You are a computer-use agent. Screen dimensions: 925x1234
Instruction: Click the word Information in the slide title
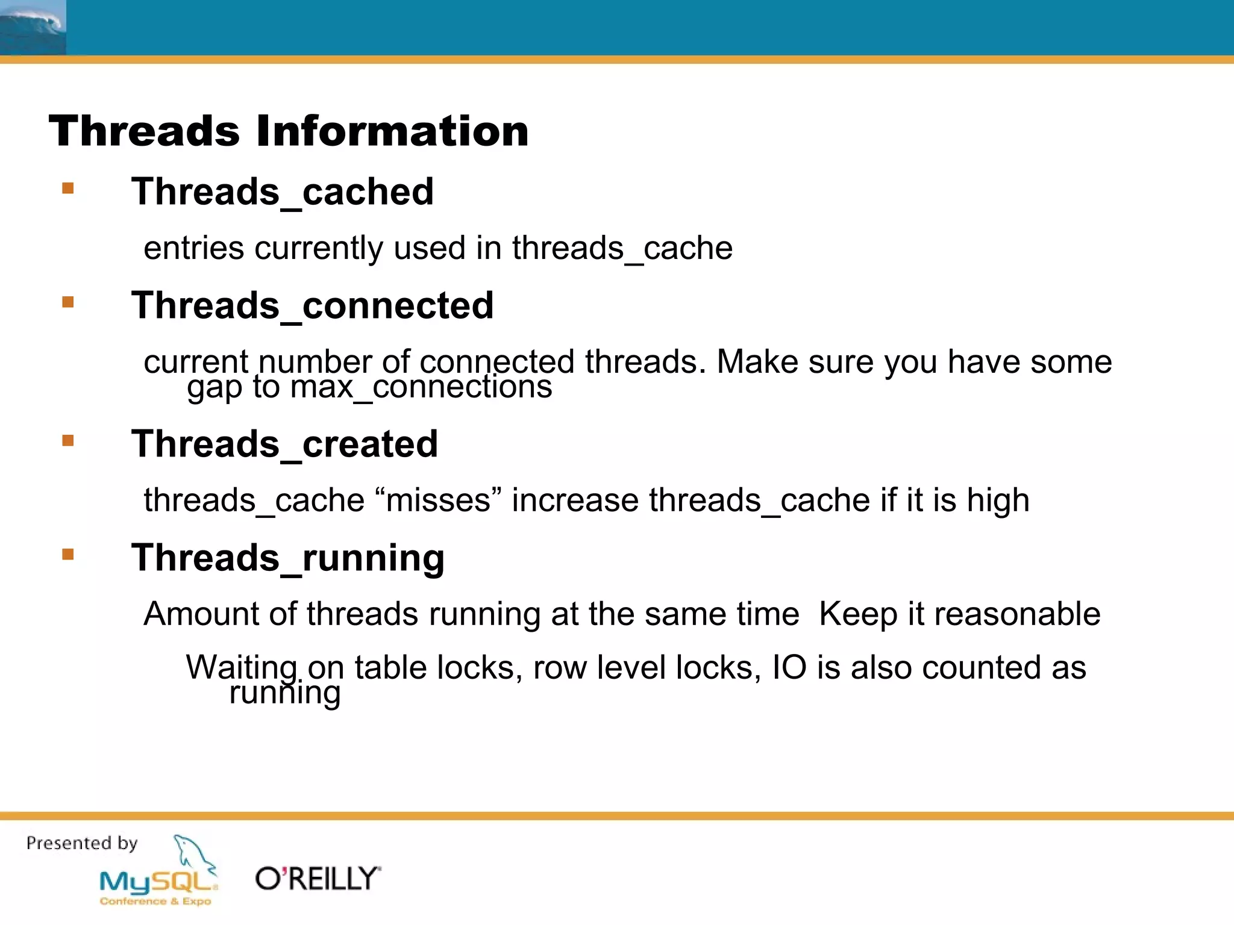pyautogui.click(x=392, y=131)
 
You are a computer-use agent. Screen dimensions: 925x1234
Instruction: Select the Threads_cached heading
pyautogui.click(x=282, y=192)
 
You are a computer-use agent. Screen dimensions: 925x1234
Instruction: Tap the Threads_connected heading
pyautogui.click(x=312, y=305)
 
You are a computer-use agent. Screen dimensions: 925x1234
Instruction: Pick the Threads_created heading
pyautogui.click(x=284, y=444)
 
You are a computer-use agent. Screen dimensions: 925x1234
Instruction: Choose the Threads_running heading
pyautogui.click(x=287, y=558)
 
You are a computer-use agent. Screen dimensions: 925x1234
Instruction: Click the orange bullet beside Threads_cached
pyautogui.click(x=67, y=188)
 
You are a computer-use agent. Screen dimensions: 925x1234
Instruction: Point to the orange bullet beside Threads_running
pyautogui.click(x=67, y=554)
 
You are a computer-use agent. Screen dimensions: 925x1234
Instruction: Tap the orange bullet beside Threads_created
pyautogui.click(x=67, y=441)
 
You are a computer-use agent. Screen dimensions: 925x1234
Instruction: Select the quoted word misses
pyautogui.click(x=438, y=500)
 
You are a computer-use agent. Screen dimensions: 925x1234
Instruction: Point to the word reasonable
pyautogui.click(x=1018, y=614)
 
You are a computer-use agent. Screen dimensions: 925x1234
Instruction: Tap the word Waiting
pyautogui.click(x=241, y=667)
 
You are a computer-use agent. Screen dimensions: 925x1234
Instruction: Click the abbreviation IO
pyautogui.click(x=789, y=667)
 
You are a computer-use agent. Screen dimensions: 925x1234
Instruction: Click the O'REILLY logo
pyautogui.click(x=318, y=879)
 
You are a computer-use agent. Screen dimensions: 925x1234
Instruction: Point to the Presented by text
pyautogui.click(x=82, y=843)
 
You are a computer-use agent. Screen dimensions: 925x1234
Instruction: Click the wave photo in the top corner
pyautogui.click(x=33, y=27)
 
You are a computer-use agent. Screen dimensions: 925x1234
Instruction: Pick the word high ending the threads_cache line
pyautogui.click(x=998, y=500)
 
